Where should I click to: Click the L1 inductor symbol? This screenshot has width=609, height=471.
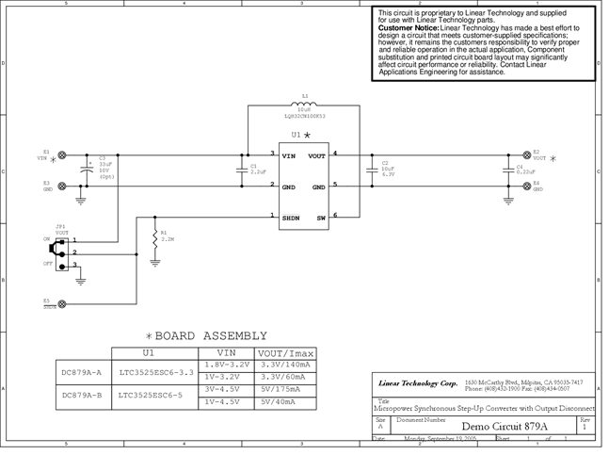[x=304, y=106]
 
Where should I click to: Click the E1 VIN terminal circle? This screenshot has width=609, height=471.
[x=62, y=154]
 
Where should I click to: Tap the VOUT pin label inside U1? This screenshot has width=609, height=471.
[x=315, y=154]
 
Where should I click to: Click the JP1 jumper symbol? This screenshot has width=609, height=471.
[x=62, y=252]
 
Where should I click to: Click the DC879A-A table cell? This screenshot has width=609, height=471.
[x=81, y=371]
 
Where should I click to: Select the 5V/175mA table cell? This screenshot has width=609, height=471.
[x=280, y=388]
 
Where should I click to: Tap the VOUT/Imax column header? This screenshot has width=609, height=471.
[x=280, y=352]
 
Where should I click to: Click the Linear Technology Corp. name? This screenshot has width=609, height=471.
[x=417, y=383]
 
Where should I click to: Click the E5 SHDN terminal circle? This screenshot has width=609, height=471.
[x=62, y=304]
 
